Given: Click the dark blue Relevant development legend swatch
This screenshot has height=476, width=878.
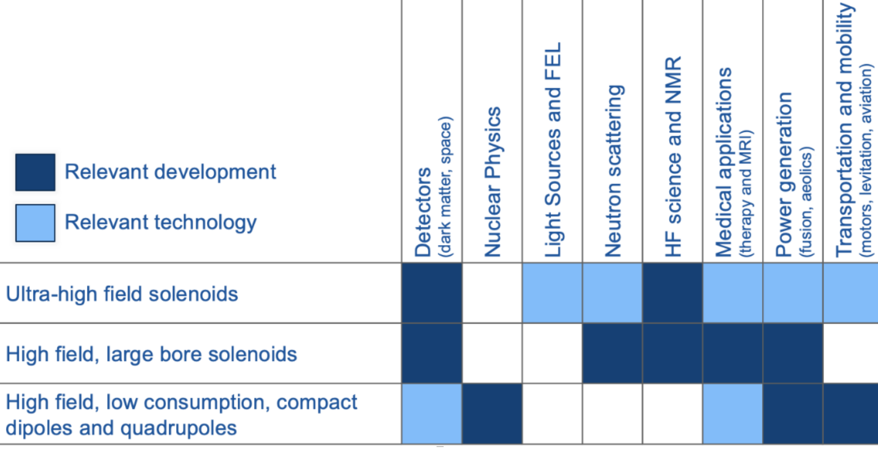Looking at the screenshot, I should [35, 172].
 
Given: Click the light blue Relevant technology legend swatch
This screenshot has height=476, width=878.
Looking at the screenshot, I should [35, 223].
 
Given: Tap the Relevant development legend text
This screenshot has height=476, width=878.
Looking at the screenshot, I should [170, 172].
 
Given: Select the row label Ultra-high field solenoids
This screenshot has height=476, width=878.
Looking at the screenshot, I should [122, 294].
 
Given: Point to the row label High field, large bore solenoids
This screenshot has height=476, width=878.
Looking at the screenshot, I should [151, 354].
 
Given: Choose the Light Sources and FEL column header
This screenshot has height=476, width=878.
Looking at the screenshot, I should [553, 150].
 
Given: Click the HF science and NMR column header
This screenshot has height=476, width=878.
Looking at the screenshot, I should [673, 156].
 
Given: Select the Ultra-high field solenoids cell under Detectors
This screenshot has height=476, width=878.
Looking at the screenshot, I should [432, 293].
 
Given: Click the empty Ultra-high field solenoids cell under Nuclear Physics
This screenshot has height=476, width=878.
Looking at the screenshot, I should [492, 293].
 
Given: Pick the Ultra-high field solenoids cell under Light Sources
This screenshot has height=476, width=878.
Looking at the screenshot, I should [552, 293].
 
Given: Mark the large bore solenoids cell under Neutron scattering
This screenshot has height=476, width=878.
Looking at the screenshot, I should [612, 353].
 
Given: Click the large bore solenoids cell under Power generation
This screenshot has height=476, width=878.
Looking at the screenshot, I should [793, 353].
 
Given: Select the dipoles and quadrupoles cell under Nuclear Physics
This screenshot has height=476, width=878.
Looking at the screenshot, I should [492, 414].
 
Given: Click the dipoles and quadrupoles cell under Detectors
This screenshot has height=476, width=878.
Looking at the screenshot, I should [432, 414].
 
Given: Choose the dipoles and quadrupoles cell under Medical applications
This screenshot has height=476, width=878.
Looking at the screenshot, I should [733, 414].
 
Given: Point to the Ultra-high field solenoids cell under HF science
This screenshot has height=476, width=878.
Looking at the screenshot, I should [673, 293].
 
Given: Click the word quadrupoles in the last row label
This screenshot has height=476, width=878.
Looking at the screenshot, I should [178, 428].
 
